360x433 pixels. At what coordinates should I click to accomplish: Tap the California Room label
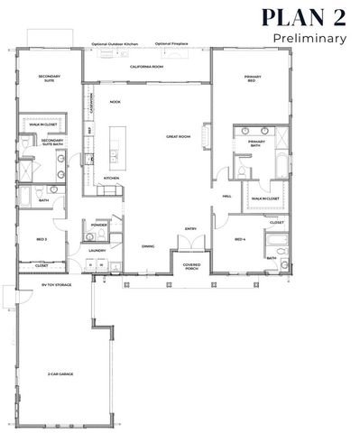coord(145,67)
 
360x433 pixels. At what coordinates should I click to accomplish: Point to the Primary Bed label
coord(253,78)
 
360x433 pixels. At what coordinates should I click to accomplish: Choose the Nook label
coord(115,101)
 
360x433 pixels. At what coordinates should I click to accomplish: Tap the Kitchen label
coord(111,178)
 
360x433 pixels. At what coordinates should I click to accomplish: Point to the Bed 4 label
coord(239,239)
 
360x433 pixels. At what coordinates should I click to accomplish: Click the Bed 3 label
coord(41,239)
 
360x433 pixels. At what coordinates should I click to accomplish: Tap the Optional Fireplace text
coord(169,43)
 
